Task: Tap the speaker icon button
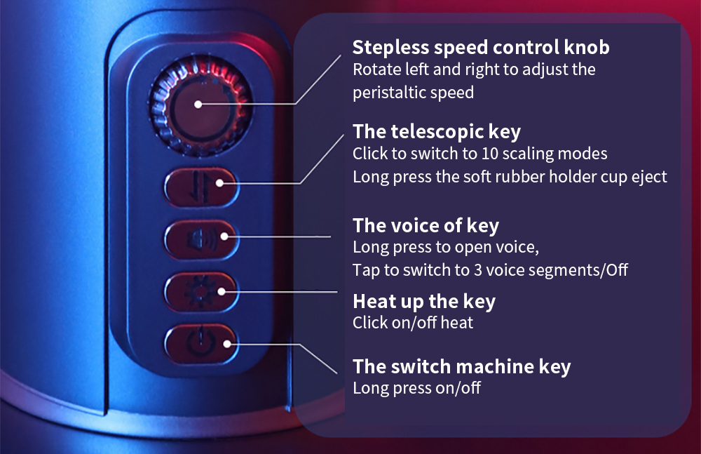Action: (x=202, y=239)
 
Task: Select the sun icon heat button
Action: (x=201, y=292)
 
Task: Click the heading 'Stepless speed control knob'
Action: (x=481, y=48)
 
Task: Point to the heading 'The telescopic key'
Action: (x=437, y=132)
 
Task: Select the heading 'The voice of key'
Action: (x=426, y=225)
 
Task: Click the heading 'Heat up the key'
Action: (x=424, y=301)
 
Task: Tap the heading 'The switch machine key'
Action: (x=462, y=366)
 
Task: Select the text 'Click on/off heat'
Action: (x=413, y=323)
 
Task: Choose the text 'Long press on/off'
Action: (x=416, y=388)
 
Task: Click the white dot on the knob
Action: (x=198, y=105)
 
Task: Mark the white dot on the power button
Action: (x=227, y=344)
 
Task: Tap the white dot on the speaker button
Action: (x=224, y=236)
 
